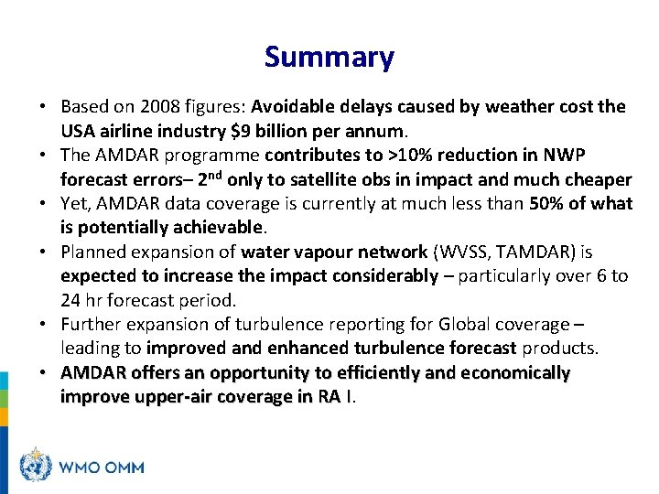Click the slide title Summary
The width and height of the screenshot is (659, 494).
click(x=329, y=58)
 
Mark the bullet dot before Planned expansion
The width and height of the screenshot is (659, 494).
click(x=48, y=252)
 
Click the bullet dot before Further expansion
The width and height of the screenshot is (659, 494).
click(x=48, y=324)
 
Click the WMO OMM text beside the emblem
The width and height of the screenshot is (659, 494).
click(x=102, y=467)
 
